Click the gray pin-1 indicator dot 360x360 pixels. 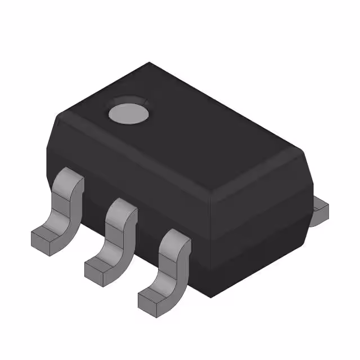[129, 112]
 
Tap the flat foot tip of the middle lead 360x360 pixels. [98, 270]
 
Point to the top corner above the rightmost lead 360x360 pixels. [211, 197]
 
